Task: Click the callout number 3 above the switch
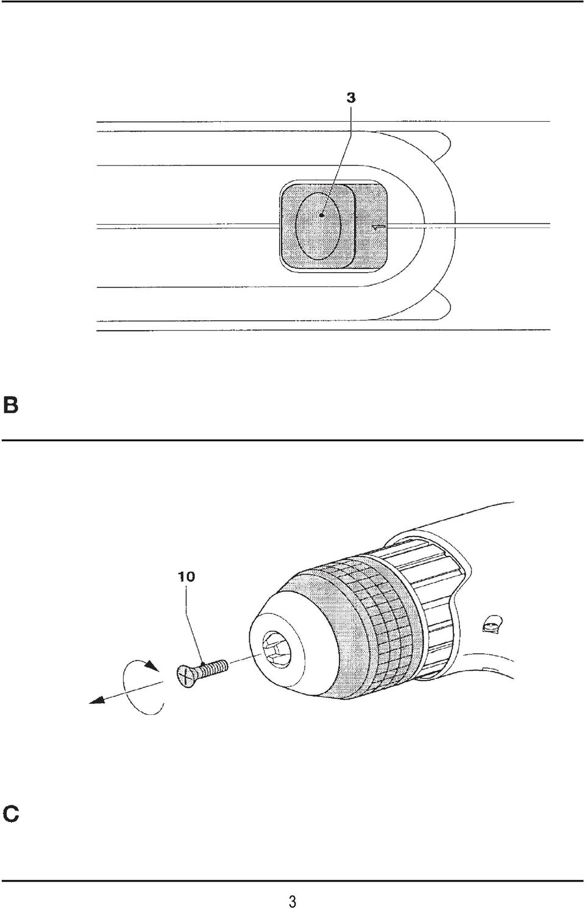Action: pos(350,98)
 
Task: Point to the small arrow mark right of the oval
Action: pos(378,228)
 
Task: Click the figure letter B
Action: pos(10,405)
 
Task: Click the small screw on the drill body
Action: pos(493,623)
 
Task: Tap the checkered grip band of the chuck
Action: pos(378,609)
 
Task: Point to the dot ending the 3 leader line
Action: pos(322,215)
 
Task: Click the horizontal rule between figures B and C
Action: pos(292,440)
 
